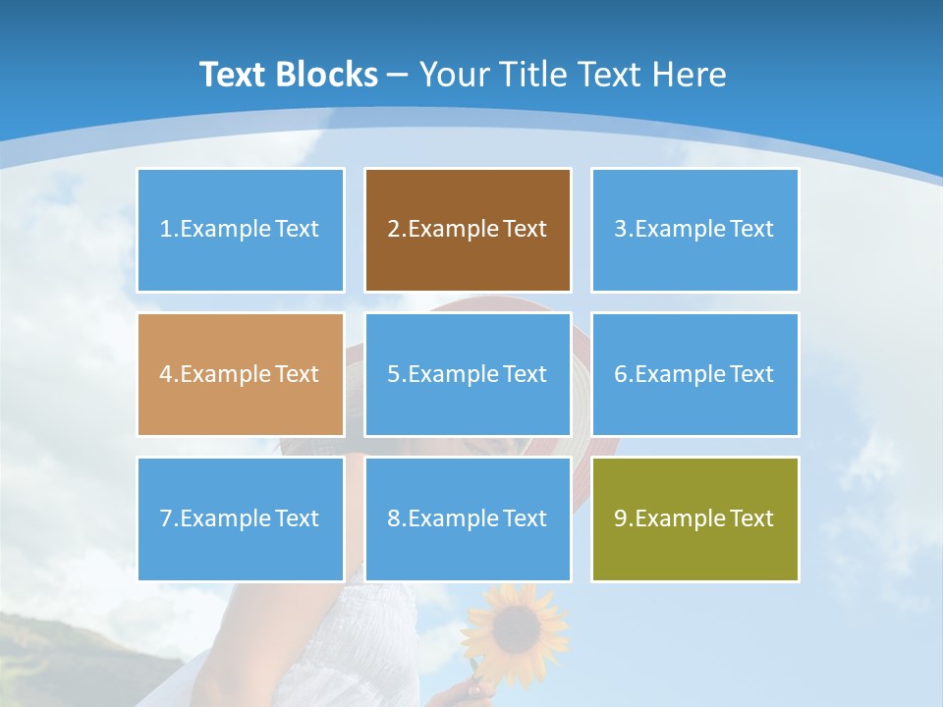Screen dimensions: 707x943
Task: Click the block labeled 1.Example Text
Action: [241, 230]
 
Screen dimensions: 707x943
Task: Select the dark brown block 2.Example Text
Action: [468, 230]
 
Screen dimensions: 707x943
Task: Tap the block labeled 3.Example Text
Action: [694, 230]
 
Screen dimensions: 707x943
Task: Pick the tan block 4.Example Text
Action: [241, 374]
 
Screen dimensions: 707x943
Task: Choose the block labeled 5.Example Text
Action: [468, 374]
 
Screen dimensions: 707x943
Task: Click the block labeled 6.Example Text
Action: [694, 374]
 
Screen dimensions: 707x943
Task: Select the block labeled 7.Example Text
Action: [241, 518]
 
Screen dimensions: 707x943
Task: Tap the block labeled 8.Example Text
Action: [468, 518]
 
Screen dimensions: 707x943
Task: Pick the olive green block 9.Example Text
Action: [694, 518]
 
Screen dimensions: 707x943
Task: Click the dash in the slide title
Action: [399, 75]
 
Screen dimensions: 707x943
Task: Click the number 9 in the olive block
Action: [621, 518]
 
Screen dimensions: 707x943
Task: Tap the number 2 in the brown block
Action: [394, 230]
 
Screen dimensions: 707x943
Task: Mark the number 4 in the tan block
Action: [166, 374]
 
